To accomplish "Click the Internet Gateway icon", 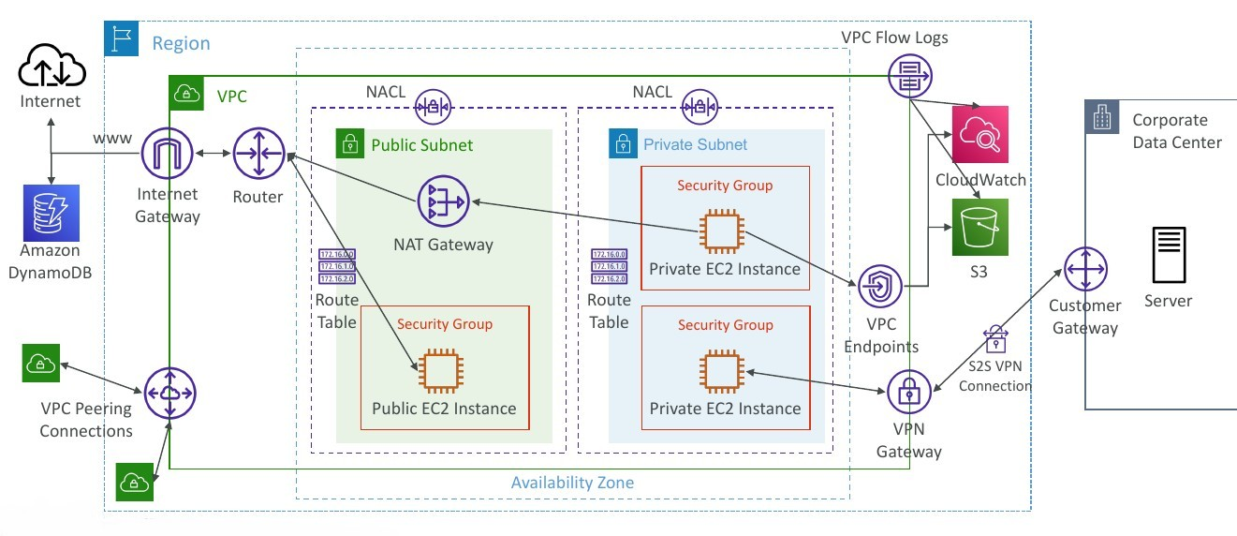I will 169,154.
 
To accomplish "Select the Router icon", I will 258,154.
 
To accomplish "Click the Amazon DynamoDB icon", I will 52,213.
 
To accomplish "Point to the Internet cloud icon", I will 51,67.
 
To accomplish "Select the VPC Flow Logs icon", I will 908,74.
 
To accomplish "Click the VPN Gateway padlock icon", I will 907,394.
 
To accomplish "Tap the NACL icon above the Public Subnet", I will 433,106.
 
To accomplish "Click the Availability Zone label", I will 572,484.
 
